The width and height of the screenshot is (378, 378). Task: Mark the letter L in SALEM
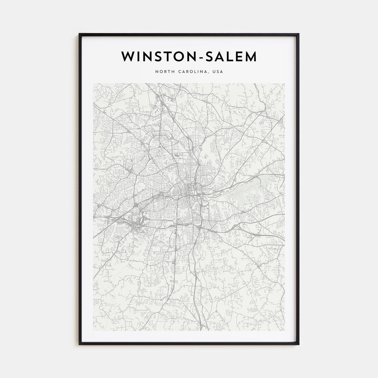point(229,57)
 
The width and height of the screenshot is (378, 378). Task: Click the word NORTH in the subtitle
point(164,72)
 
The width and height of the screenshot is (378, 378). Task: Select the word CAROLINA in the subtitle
point(192,72)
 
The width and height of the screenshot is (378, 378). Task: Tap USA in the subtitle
point(218,72)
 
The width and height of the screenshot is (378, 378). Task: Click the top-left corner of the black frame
point(80,34)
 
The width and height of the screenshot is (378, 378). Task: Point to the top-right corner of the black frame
point(298,34)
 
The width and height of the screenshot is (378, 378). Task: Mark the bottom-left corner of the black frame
point(80,344)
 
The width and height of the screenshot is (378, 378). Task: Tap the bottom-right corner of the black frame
point(298,344)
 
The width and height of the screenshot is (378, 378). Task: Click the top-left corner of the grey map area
point(94,84)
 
